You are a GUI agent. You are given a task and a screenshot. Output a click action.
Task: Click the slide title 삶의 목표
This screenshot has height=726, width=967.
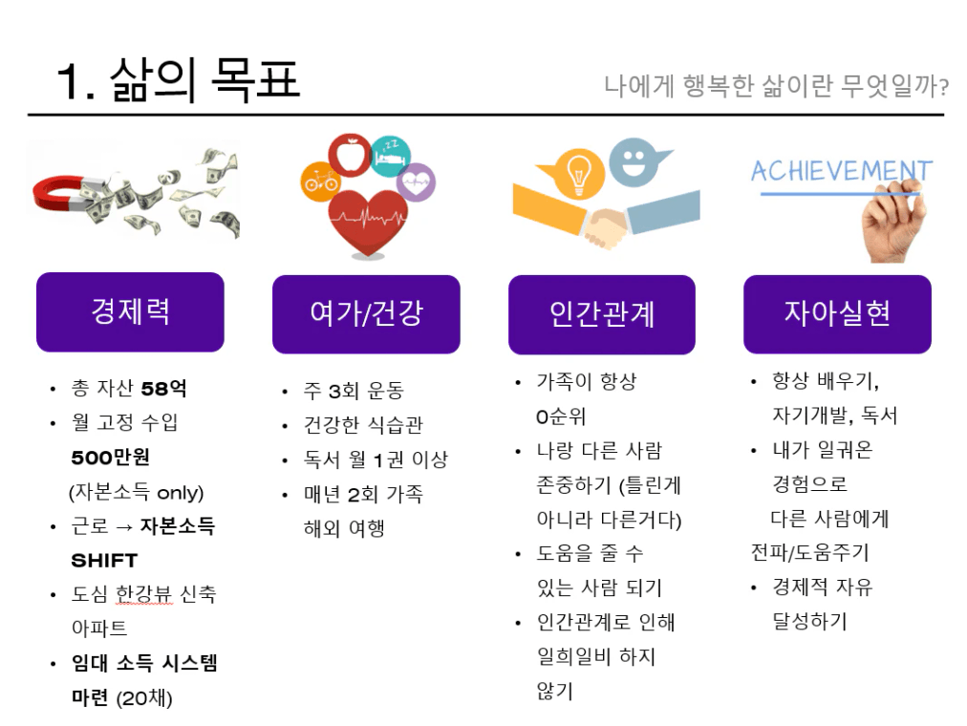tap(204, 80)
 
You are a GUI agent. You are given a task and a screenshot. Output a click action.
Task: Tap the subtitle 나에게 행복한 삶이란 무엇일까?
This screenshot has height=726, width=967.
tap(776, 86)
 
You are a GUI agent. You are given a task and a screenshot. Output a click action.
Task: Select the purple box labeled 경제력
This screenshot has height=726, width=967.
tap(130, 311)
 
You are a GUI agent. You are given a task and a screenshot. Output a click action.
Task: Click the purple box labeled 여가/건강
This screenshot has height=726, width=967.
tap(366, 314)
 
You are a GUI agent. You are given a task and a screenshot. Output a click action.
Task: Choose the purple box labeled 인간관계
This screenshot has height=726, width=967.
tap(602, 314)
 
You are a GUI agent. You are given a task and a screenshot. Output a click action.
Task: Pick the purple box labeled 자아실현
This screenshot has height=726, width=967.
tap(837, 314)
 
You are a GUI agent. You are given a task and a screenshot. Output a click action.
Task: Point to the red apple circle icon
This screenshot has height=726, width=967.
tap(350, 156)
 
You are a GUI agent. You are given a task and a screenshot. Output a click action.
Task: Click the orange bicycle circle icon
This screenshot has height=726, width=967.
tap(321, 181)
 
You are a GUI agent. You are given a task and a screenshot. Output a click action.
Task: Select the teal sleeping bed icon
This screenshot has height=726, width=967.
tap(391, 156)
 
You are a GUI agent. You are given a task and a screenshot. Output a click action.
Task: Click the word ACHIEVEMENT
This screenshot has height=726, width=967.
tap(841, 171)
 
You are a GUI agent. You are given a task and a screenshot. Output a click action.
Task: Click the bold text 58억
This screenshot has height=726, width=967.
tap(163, 388)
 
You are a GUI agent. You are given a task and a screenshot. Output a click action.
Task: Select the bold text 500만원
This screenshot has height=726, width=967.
tap(111, 458)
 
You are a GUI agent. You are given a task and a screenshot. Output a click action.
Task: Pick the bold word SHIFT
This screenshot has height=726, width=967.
tap(104, 561)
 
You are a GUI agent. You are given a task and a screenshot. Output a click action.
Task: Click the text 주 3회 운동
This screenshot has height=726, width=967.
tap(354, 391)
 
